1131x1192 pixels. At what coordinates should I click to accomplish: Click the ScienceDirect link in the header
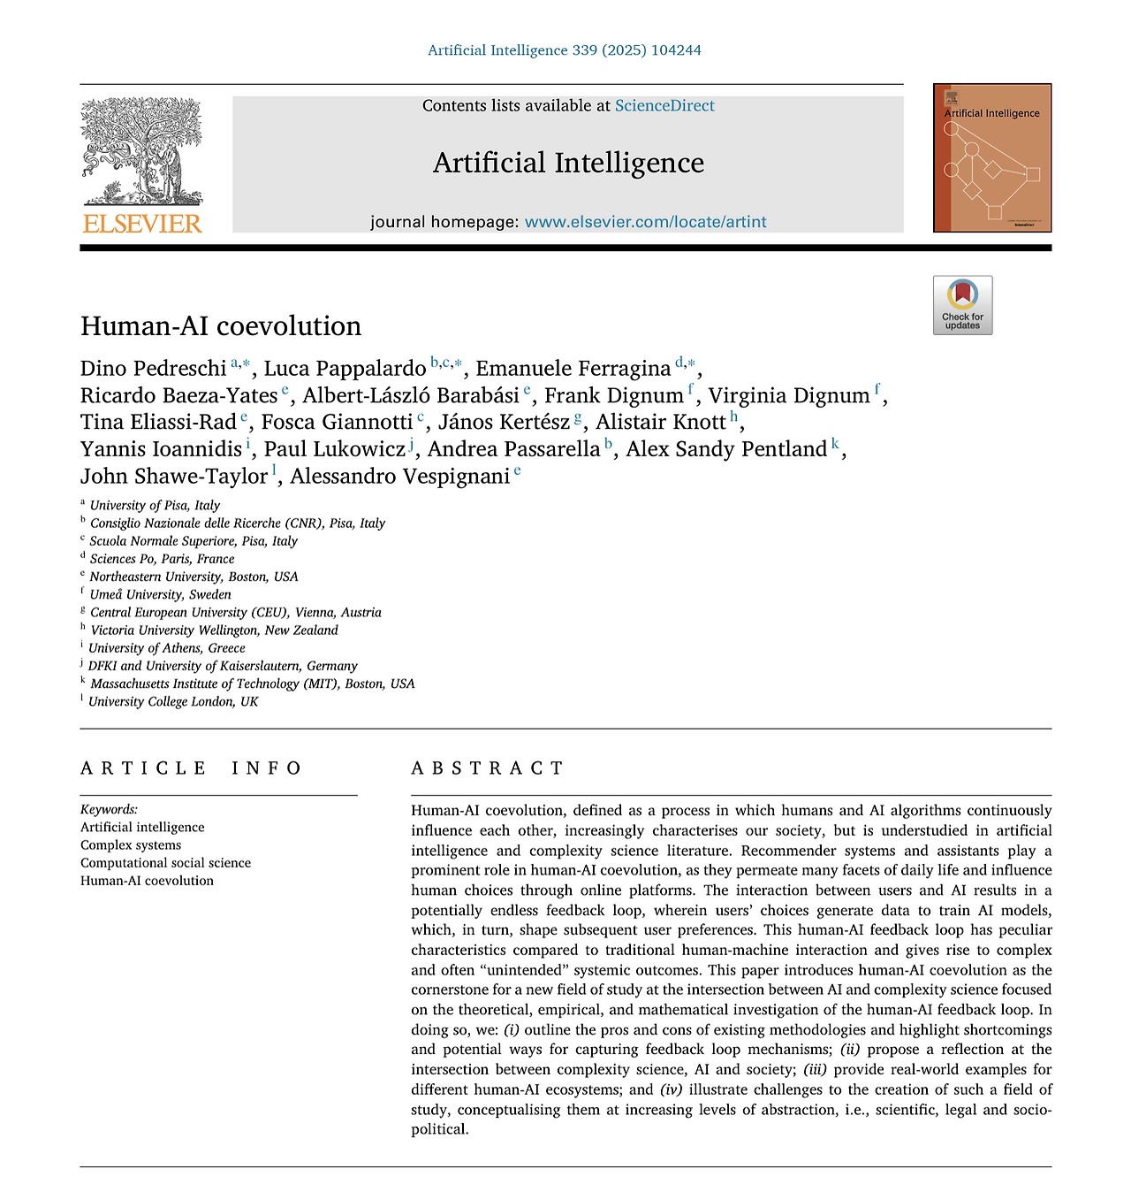(664, 106)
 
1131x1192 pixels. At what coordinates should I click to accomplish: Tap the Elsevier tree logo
(142, 151)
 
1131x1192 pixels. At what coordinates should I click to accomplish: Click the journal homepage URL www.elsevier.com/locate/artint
(645, 222)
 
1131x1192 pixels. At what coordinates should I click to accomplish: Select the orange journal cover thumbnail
(992, 158)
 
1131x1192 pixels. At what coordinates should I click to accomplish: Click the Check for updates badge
(962, 305)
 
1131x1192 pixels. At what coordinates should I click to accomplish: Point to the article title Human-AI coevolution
(221, 326)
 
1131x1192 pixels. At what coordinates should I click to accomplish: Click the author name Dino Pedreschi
(154, 369)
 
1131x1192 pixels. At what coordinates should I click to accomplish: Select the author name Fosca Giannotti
(337, 423)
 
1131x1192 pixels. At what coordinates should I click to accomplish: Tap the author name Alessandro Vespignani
(399, 477)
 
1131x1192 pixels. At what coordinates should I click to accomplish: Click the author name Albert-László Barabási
(411, 396)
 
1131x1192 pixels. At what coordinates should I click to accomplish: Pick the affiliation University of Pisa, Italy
(155, 506)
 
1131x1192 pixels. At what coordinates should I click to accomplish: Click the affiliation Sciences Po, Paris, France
(162, 559)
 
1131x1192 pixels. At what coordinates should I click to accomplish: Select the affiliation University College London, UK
(173, 701)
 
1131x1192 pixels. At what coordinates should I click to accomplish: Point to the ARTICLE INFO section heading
(191, 768)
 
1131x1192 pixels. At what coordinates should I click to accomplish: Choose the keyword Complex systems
(131, 845)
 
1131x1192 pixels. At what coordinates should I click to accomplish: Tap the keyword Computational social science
(165, 863)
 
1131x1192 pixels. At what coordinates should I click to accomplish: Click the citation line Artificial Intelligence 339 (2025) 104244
(565, 50)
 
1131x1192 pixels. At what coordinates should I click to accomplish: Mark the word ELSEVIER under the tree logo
(142, 224)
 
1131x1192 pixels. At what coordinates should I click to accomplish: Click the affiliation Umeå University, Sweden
(160, 594)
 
